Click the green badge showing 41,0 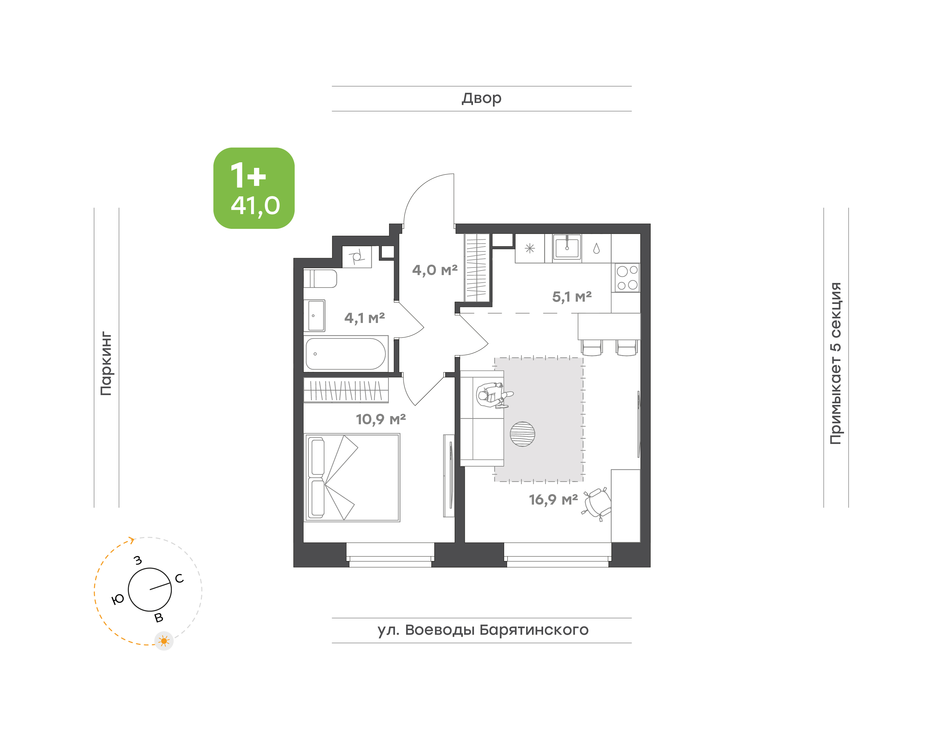tap(254, 188)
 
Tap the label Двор tap(481, 98)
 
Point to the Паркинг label tap(106, 363)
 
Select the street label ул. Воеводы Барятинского tap(482, 630)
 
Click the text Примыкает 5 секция tap(835, 363)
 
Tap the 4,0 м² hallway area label tap(435, 270)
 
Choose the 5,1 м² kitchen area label tap(572, 297)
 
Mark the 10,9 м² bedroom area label tap(381, 419)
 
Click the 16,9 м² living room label tap(553, 499)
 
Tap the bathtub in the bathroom tap(345, 353)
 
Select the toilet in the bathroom tap(320, 278)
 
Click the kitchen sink tap(567, 247)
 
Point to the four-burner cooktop tap(627, 278)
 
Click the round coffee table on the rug tap(522, 434)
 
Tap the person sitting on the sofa tap(493, 395)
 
